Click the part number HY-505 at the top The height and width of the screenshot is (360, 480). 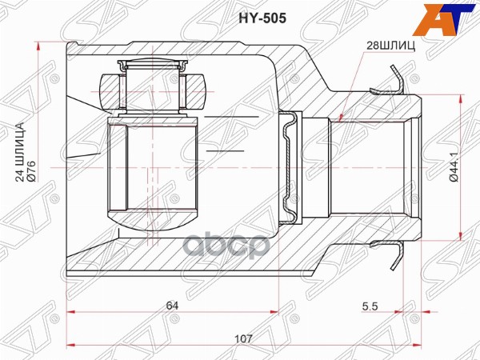click(240, 15)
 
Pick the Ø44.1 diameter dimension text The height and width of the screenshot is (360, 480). click(453, 168)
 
